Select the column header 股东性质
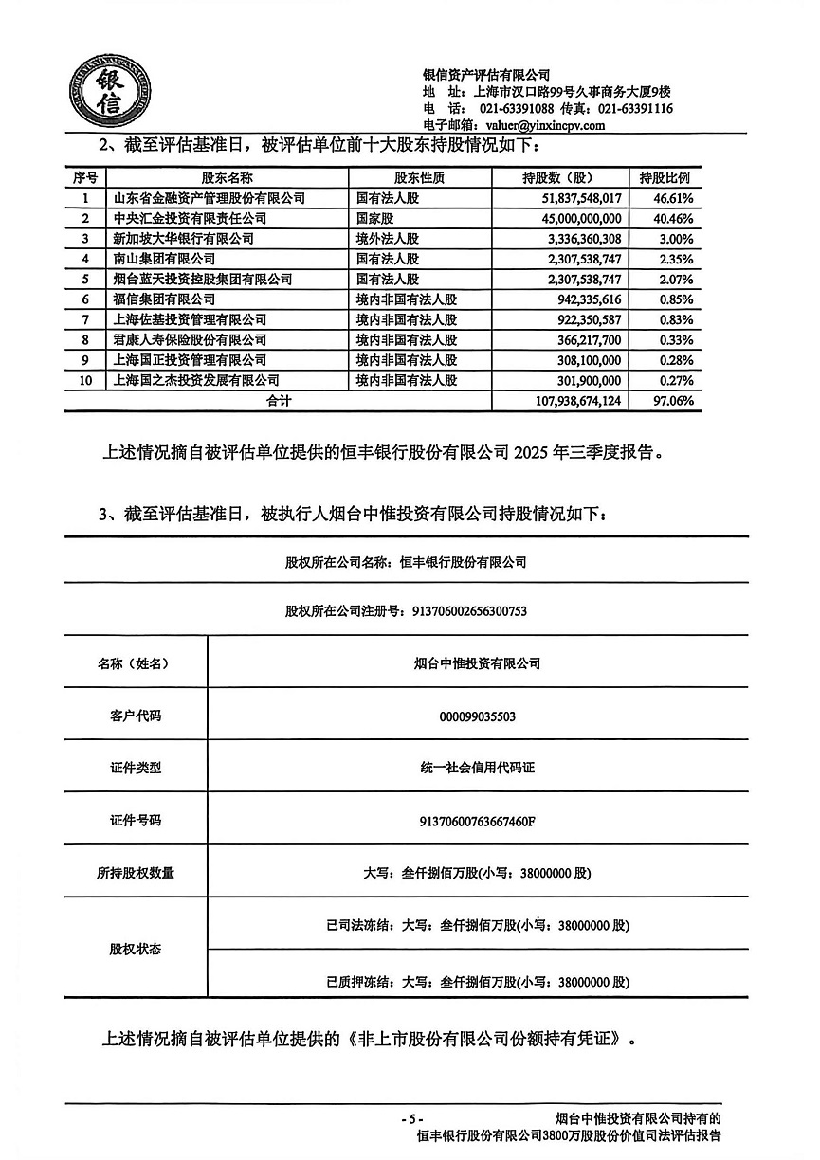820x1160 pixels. point(419,177)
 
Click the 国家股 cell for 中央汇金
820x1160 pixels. point(375,218)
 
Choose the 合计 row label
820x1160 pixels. point(278,401)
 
